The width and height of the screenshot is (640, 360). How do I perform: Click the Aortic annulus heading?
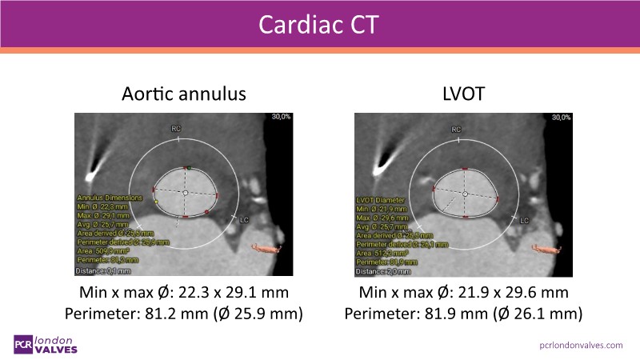pyautogui.click(x=183, y=94)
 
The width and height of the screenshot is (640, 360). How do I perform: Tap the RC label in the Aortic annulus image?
pyautogui.click(x=176, y=128)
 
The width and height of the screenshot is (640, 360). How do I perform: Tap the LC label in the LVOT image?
pyautogui.click(x=525, y=219)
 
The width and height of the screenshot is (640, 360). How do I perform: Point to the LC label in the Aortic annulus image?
pyautogui.click(x=245, y=218)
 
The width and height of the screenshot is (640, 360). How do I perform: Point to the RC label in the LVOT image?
pyautogui.click(x=456, y=128)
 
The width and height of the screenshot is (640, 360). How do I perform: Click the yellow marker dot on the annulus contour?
pyautogui.click(x=157, y=202)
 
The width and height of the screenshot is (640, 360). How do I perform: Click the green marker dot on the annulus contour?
pyautogui.click(x=189, y=168)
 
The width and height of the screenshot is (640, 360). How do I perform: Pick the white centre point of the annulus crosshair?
pyautogui.click(x=185, y=193)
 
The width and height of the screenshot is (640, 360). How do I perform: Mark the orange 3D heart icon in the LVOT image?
pyautogui.click(x=548, y=247)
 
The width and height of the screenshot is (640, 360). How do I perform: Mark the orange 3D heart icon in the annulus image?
pyautogui.click(x=268, y=247)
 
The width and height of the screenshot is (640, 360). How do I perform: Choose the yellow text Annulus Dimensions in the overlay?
pyautogui.click(x=110, y=197)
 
